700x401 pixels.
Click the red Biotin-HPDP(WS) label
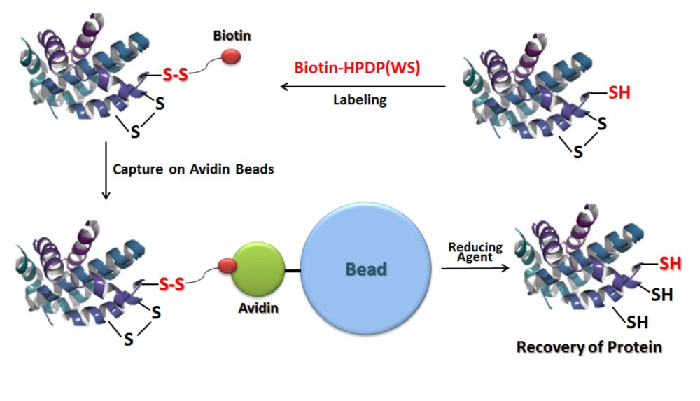[x=357, y=68]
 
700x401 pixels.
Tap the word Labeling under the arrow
[x=360, y=99]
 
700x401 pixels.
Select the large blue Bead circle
[x=366, y=268]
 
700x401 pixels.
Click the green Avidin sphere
[x=258, y=269]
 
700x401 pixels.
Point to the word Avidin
[x=258, y=308]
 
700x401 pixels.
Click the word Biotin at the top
[x=232, y=36]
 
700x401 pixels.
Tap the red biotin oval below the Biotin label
[x=231, y=57]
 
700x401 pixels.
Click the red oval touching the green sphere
[x=227, y=266]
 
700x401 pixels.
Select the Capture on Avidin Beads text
[x=193, y=169]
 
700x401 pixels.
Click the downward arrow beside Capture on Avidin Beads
[x=106, y=171]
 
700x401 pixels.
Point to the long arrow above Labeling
[x=363, y=87]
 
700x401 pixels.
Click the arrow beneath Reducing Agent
[x=475, y=268]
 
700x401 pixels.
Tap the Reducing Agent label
[x=475, y=253]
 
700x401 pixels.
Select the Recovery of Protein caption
[x=589, y=347]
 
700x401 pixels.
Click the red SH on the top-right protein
[x=619, y=92]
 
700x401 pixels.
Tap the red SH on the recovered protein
[x=671, y=263]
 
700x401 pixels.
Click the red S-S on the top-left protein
[x=175, y=74]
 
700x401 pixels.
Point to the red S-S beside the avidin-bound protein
[x=172, y=284]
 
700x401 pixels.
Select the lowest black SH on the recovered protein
[x=638, y=322]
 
